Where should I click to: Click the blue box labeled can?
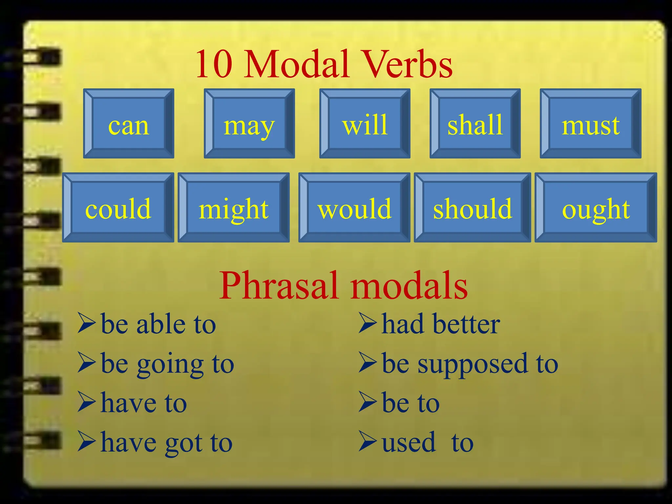129,124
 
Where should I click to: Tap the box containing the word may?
249,124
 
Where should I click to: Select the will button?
365,124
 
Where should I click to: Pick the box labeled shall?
475,124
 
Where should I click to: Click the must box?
591,124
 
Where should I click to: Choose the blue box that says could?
118,208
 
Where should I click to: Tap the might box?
234,208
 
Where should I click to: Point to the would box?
354,208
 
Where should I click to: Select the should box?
472,208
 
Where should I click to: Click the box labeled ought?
596,208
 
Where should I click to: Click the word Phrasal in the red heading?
279,285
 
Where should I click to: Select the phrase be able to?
158,324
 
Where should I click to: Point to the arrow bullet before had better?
367,323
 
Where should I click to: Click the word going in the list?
170,365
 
